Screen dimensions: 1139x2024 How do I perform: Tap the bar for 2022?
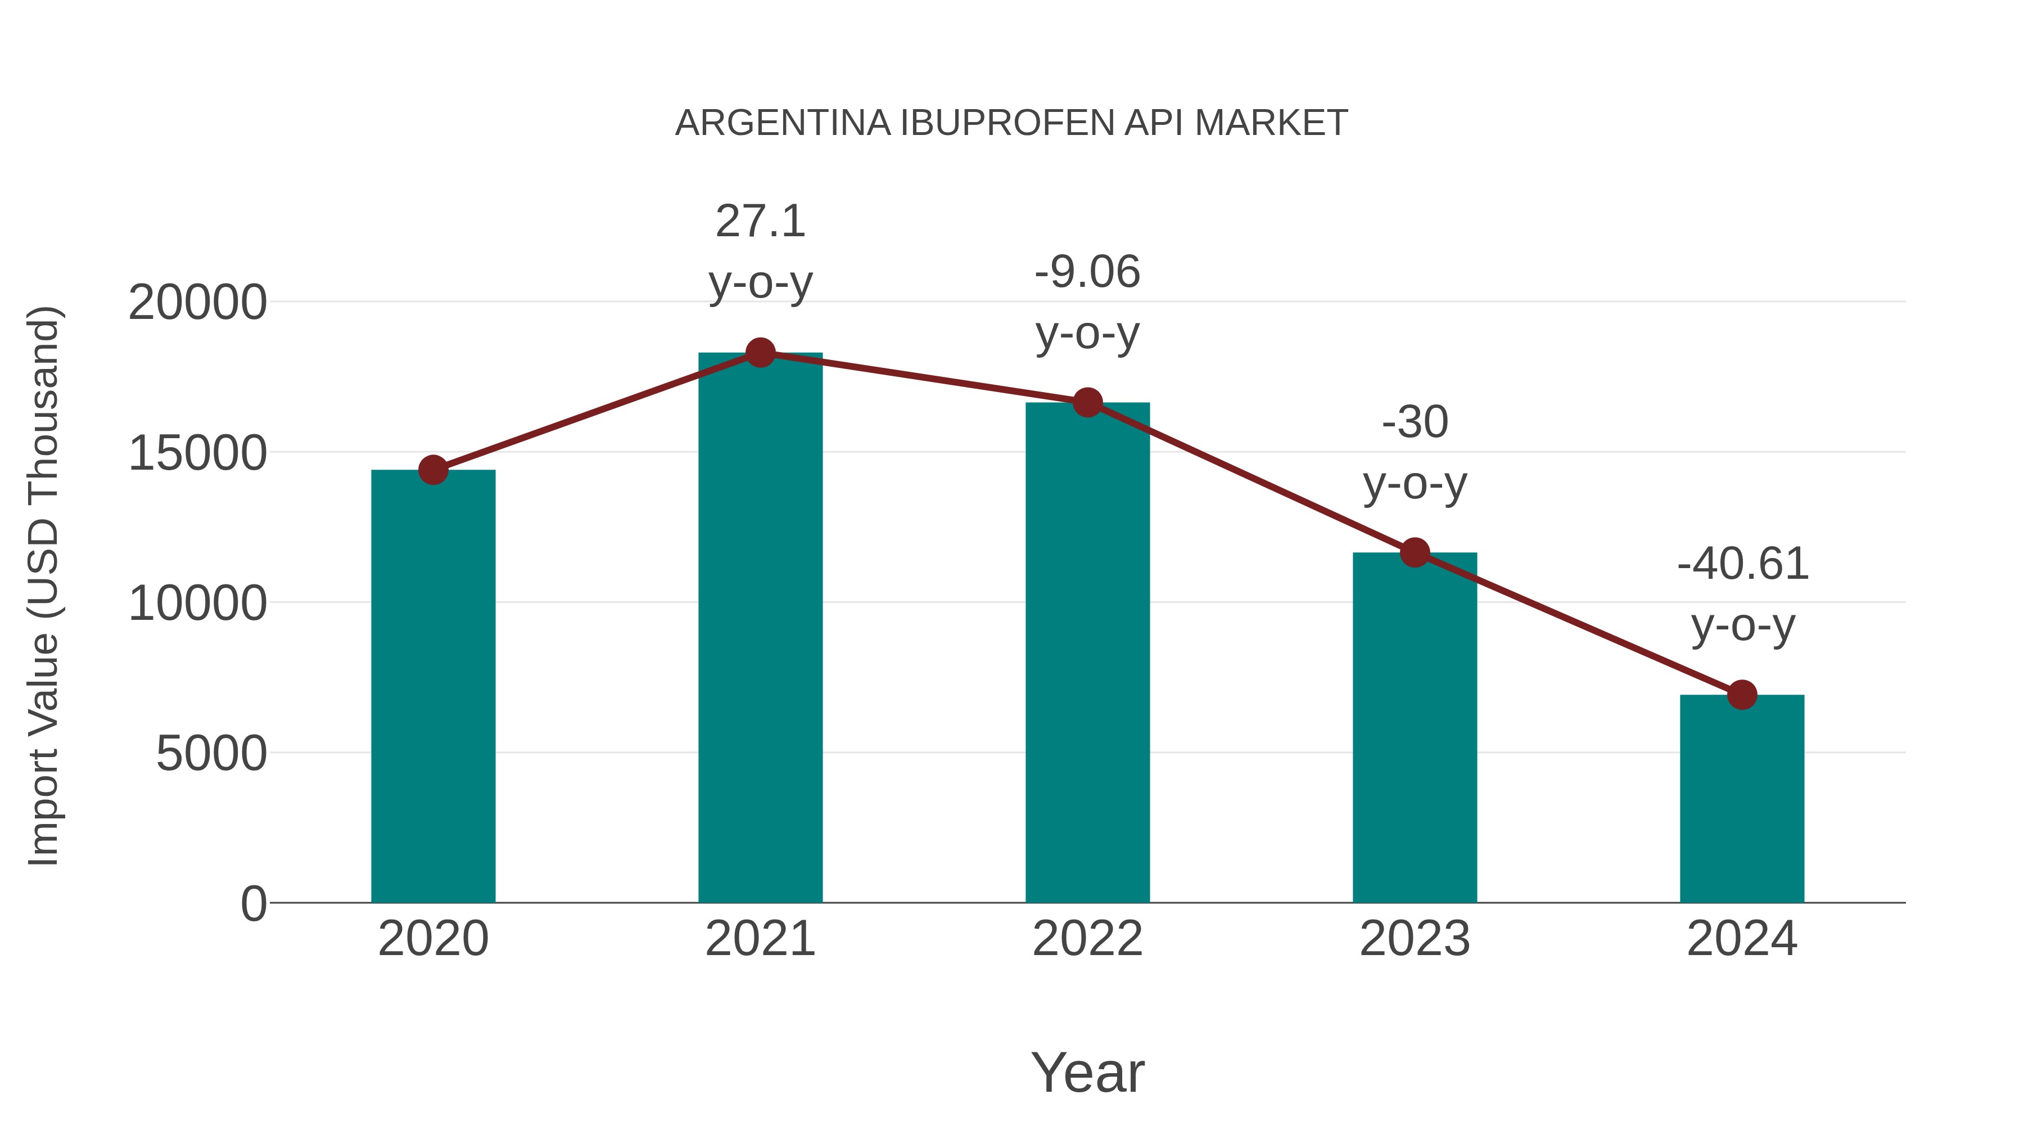click(1087, 652)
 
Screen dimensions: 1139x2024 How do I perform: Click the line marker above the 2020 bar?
click(433, 470)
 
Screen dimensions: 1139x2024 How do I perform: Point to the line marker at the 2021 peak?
click(760, 353)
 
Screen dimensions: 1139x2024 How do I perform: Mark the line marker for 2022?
click(1087, 403)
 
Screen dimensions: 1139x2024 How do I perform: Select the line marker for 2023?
click(1415, 552)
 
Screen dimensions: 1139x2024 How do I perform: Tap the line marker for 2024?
click(1742, 695)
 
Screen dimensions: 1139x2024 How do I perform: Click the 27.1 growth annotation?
click(760, 221)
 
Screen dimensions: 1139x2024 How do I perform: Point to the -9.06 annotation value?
click(1087, 272)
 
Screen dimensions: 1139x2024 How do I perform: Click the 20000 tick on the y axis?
click(197, 303)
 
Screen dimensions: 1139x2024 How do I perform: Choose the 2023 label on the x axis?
click(1415, 939)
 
